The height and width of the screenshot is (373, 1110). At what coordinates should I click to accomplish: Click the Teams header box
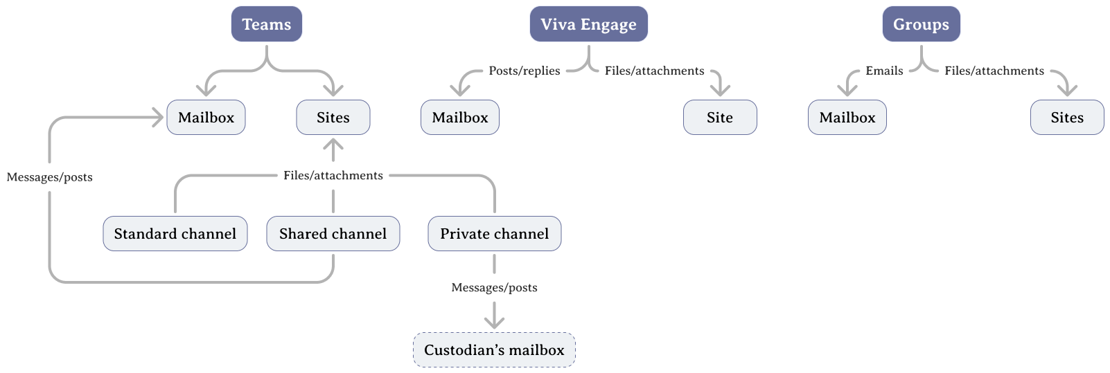pos(267,24)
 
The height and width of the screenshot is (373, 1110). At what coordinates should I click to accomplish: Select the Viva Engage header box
pos(588,24)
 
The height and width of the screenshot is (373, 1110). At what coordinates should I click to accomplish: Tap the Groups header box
pos(921,24)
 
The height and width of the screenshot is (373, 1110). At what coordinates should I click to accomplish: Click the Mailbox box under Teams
pos(206,118)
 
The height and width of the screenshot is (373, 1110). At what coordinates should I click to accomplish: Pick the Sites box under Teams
pos(333,118)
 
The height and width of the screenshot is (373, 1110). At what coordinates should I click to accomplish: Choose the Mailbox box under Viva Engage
pos(460,118)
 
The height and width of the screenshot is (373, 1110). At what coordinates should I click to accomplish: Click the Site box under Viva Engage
pos(720,118)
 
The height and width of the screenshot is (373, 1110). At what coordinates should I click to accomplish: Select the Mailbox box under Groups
pos(847,118)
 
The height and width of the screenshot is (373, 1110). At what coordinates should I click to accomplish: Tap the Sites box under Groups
pos(1067,118)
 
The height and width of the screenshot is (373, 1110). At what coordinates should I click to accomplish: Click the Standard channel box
pos(175,234)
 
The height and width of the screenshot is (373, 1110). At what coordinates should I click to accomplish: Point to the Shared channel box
pos(333,234)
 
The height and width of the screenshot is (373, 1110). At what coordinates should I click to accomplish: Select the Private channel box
pos(495,234)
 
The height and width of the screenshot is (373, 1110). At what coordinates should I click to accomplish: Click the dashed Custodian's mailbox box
pos(494,350)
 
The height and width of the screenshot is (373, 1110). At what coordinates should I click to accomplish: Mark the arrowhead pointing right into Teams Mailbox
pos(159,118)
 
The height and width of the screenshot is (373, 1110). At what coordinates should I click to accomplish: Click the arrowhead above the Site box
pos(720,91)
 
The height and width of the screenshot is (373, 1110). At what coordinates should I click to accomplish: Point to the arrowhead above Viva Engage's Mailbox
pos(460,91)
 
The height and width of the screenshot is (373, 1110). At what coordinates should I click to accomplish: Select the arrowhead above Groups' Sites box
pos(1067,91)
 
